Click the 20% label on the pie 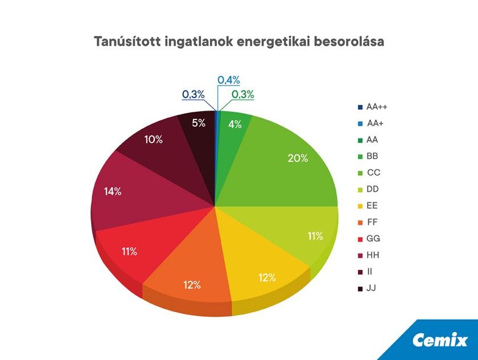coord(298,158)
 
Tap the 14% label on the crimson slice coord(113,191)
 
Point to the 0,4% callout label coord(229,80)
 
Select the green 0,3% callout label coord(243,95)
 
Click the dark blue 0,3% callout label coord(193,95)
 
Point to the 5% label coord(199,122)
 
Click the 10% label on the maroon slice coord(153,139)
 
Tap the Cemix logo coord(440,341)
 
